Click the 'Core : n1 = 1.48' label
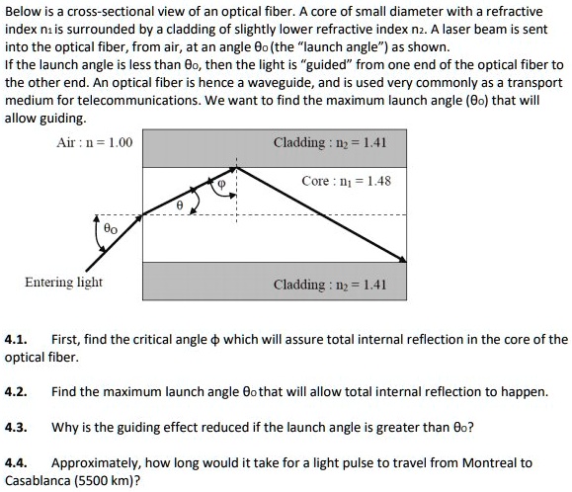347,182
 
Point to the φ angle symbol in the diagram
222,183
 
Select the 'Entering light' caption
63,283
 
